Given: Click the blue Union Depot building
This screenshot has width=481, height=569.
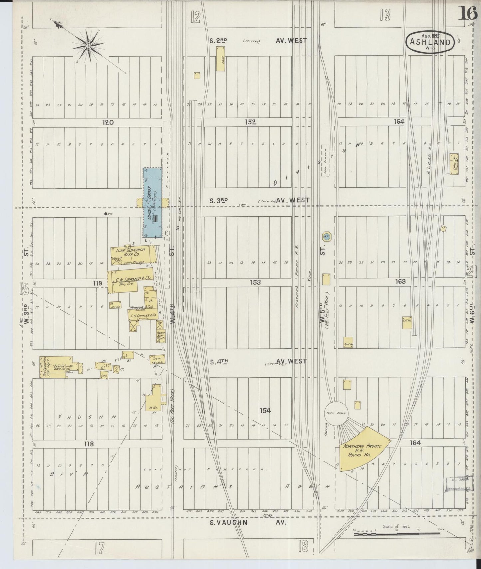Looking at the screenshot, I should click(x=152, y=203).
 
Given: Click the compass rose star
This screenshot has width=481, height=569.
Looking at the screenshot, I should click(x=88, y=45).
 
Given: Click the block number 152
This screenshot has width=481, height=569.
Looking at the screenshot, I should click(x=250, y=122).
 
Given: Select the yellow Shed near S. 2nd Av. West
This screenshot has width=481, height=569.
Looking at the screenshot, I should click(x=220, y=59).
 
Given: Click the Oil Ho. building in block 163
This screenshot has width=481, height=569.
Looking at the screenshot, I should click(x=407, y=322).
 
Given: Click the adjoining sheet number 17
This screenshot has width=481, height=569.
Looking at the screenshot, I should click(x=99, y=548).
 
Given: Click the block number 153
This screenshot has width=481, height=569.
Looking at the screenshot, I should click(x=255, y=282).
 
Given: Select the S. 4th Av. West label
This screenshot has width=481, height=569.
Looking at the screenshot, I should click(x=258, y=361).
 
